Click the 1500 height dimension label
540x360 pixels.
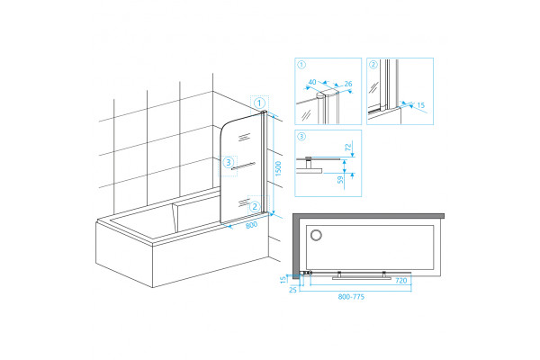pos(278,168)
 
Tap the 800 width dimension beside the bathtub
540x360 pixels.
pos(252,225)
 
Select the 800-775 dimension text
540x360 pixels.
pos(351,297)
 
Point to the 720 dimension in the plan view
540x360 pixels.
pos(401,281)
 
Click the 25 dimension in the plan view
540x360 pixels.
pos(292,290)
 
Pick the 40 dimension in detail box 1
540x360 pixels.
pos(312,82)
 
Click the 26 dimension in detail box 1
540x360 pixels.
pos(348,84)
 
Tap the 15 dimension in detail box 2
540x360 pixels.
pos(421,105)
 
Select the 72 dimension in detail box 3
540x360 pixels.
pos(348,147)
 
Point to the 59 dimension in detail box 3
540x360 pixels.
pos(340,180)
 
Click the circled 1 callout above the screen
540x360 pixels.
pos(259,103)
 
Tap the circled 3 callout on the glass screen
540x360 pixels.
pos(229,162)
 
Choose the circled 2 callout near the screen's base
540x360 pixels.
pos(255,206)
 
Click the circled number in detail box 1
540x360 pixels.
pos(301,65)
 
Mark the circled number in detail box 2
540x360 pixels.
pos(373,65)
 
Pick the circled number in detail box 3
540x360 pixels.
pos(301,137)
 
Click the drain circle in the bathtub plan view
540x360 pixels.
pos(316,235)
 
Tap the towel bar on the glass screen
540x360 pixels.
pos(243,166)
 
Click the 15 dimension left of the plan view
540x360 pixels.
pos(283,279)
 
